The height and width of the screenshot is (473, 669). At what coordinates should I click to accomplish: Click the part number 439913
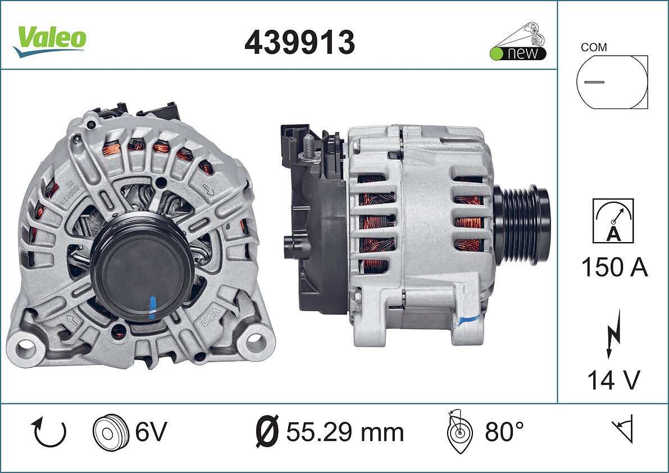click(299, 43)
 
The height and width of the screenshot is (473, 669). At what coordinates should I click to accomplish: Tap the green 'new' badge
click(518, 53)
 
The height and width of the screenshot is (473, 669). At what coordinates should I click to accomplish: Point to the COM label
click(594, 47)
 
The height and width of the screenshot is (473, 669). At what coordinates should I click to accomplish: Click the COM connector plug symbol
click(612, 82)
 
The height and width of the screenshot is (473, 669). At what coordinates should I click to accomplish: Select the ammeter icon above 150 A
click(613, 221)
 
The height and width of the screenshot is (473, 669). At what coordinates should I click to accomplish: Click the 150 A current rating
click(615, 267)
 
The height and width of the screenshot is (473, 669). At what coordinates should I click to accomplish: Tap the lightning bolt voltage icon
click(613, 334)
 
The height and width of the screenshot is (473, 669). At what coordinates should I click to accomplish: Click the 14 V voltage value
click(613, 380)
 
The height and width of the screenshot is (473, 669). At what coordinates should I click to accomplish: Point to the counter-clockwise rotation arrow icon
click(49, 432)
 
